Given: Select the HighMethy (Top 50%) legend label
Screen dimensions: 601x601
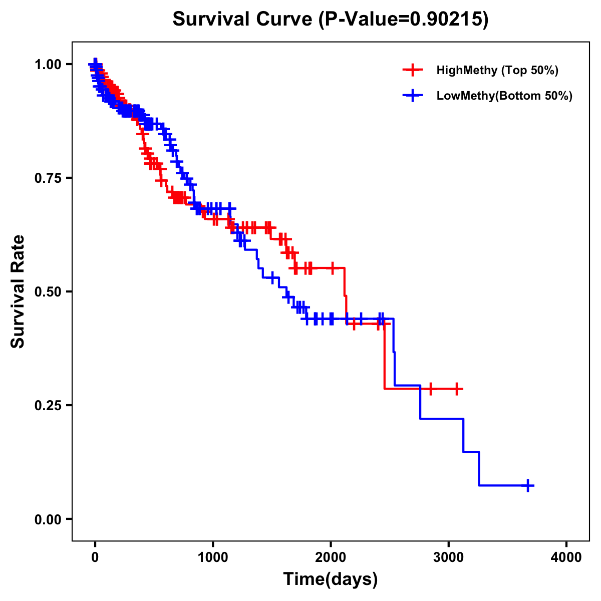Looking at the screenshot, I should (497, 70).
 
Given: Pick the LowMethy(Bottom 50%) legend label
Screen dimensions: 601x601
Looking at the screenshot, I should (504, 96).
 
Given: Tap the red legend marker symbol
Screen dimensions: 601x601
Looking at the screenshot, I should (413, 70).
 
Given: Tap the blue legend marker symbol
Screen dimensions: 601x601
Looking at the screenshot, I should (413, 96).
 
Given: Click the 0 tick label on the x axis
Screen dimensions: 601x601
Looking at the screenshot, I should (95, 557).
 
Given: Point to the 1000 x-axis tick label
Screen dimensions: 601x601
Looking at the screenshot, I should (213, 557).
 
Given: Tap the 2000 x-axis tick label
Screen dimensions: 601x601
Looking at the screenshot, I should (331, 557).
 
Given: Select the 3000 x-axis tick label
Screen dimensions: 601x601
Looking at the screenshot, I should (449, 557).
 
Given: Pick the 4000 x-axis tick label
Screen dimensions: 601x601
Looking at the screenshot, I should (566, 557).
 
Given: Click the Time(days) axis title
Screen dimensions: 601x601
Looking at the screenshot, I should (331, 579).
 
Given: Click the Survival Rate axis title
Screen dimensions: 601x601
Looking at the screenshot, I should (18, 291).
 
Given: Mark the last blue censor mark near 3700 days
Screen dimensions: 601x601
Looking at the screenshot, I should (528, 485).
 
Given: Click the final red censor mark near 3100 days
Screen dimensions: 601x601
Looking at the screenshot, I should (457, 389).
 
